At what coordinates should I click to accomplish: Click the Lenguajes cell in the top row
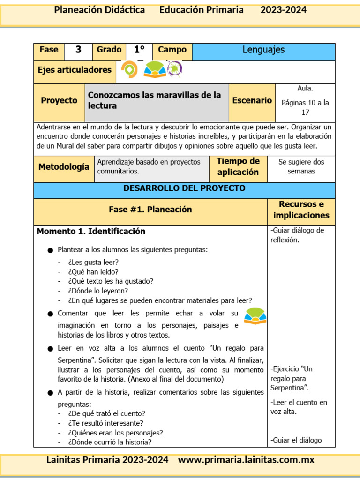[x=263, y=50]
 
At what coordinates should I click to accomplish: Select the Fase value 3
[x=78, y=50]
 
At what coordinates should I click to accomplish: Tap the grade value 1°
[x=139, y=50]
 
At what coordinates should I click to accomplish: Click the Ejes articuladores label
[x=75, y=70]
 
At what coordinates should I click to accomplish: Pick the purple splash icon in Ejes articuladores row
[x=175, y=69]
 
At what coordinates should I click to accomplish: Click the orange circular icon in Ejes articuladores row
[x=129, y=70]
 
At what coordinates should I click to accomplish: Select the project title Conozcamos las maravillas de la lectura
[x=154, y=100]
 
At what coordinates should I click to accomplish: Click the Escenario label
[x=252, y=100]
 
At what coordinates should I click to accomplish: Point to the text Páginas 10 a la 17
[x=305, y=107]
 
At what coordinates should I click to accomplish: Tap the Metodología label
[x=64, y=167]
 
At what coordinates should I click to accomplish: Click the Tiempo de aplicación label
[x=238, y=167]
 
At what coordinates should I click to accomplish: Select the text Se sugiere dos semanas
[x=301, y=166]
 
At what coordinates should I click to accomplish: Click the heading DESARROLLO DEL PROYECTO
[x=184, y=188]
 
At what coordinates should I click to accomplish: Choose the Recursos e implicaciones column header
[x=301, y=210]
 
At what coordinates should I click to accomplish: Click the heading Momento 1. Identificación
[x=91, y=232]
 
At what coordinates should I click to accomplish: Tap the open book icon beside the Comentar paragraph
[x=255, y=316]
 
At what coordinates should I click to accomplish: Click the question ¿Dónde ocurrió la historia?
[x=109, y=442]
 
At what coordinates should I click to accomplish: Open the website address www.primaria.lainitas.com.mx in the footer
[x=246, y=460]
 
